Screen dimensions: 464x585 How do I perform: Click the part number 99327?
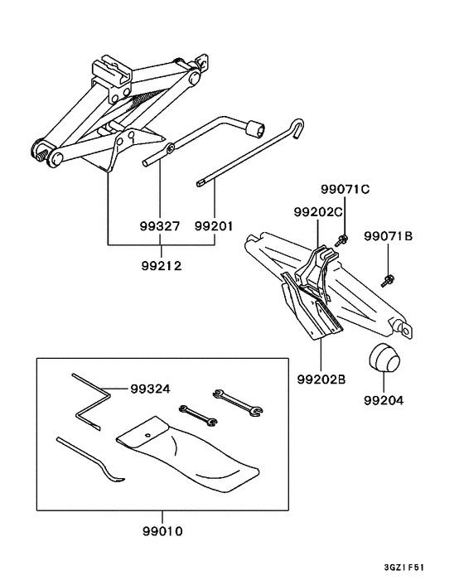[160, 226]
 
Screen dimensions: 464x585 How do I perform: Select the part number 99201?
[214, 226]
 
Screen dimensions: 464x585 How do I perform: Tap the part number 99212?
[161, 266]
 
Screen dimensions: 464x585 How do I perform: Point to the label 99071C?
[345, 189]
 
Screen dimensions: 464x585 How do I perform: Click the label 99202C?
[318, 212]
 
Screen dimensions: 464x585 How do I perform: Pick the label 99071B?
[389, 236]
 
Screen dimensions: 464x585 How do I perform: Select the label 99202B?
[321, 380]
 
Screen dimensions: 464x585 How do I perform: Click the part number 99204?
[384, 400]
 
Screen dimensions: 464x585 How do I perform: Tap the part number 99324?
[150, 389]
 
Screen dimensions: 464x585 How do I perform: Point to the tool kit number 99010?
[162, 531]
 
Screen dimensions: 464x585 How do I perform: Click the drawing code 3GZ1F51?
[404, 568]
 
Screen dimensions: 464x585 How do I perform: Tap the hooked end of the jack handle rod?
[297, 128]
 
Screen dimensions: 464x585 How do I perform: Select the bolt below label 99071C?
[341, 240]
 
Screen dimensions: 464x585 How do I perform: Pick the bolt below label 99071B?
[388, 281]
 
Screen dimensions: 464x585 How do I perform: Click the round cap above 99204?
[384, 358]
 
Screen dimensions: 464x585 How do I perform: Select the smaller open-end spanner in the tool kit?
[198, 415]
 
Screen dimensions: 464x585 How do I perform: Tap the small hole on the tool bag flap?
[147, 434]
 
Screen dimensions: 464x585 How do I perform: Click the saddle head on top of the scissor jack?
[112, 71]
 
